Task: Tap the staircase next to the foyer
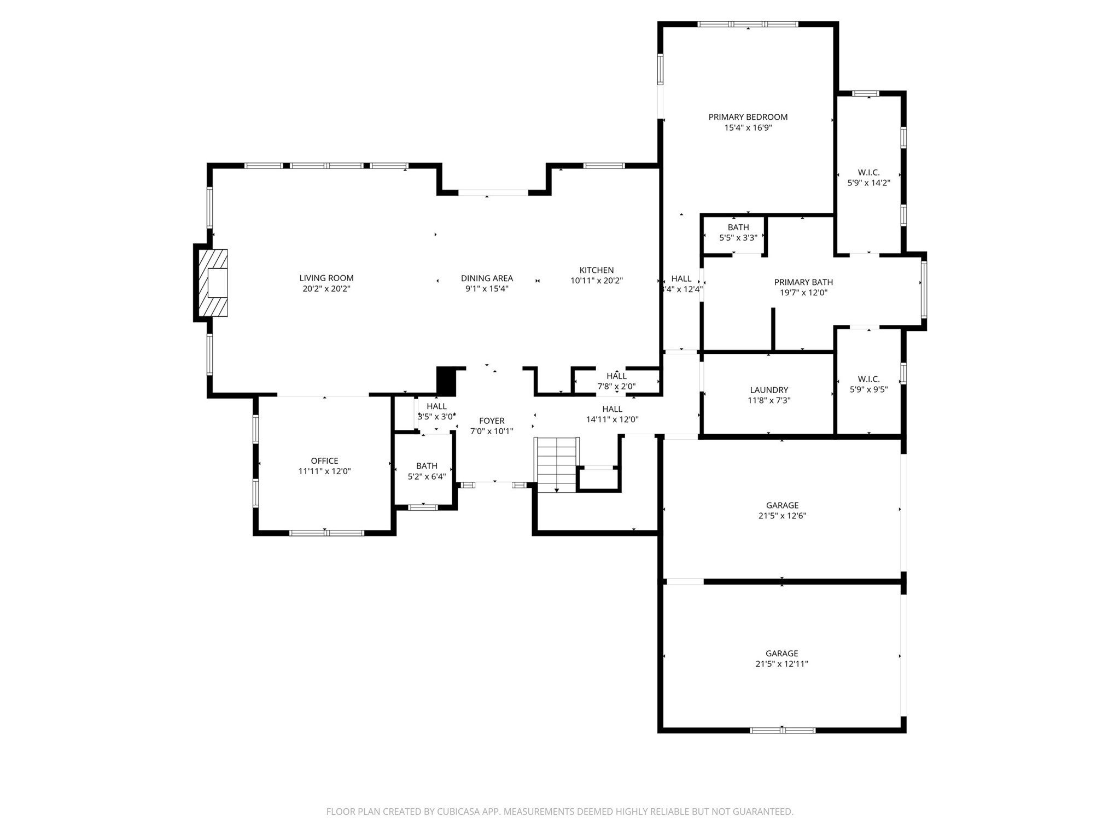click(557, 464)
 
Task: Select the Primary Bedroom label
click(748, 117)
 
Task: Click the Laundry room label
click(769, 390)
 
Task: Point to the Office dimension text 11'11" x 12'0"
click(324, 471)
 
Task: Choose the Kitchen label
click(596, 270)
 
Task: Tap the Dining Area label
click(487, 278)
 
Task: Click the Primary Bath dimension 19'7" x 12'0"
click(803, 293)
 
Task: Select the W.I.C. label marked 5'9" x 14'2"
click(868, 173)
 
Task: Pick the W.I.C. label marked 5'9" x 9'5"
click(868, 379)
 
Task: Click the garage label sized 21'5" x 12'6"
click(781, 505)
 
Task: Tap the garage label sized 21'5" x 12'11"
click(781, 654)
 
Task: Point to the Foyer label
click(491, 421)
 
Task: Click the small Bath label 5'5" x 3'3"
click(738, 227)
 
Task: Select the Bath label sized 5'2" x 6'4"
click(427, 466)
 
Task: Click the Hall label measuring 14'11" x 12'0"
click(612, 409)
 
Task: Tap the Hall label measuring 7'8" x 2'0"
click(616, 376)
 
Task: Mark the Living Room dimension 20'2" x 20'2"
click(326, 289)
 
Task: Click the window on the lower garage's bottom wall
click(783, 730)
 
